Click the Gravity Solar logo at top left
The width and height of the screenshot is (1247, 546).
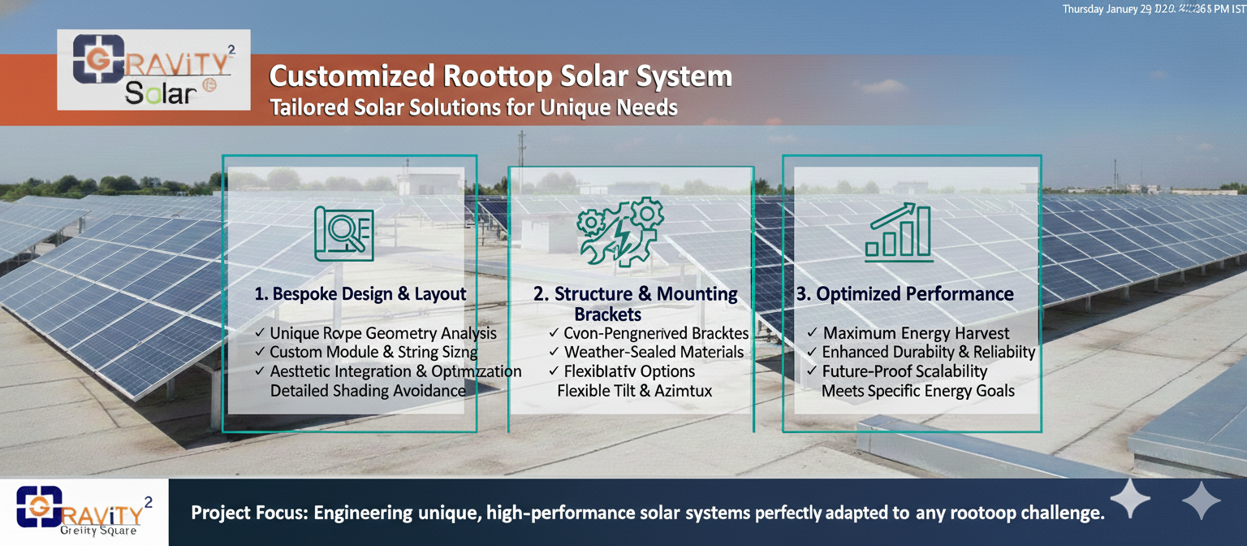(x=153, y=70)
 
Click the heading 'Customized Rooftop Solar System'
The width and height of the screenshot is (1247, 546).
(x=500, y=76)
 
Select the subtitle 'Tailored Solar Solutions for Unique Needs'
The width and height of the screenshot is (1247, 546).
(x=473, y=107)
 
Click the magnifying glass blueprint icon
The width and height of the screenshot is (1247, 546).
(x=344, y=233)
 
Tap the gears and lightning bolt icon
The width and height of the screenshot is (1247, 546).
(x=620, y=232)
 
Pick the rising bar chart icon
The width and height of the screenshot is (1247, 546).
(x=898, y=232)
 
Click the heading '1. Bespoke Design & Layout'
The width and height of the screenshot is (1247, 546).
(x=360, y=294)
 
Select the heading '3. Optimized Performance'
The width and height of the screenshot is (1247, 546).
(x=905, y=294)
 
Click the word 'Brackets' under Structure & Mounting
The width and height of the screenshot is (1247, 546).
(x=607, y=314)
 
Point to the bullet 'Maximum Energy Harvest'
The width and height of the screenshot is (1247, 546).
(x=917, y=333)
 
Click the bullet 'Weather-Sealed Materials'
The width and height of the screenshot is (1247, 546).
(x=654, y=353)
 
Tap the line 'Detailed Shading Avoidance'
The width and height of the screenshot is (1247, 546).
(x=368, y=391)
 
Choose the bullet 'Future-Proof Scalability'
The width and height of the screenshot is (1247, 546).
(x=904, y=371)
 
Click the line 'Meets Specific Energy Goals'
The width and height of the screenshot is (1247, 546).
(x=918, y=391)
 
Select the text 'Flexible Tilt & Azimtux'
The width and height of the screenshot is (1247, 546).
(x=634, y=391)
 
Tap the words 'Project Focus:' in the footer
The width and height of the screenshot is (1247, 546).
(x=249, y=513)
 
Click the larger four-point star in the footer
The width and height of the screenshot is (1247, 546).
(x=1130, y=498)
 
